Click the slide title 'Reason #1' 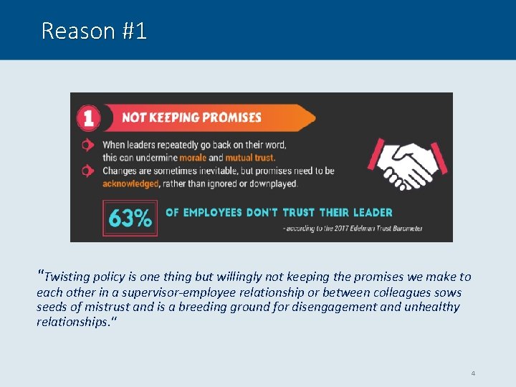(x=94, y=31)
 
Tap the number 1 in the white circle (x=88, y=118)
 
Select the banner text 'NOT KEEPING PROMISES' (x=191, y=118)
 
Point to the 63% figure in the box (x=130, y=218)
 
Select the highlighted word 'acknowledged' (x=130, y=183)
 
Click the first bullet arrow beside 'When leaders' (x=87, y=145)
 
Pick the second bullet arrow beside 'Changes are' (x=87, y=171)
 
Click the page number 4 (x=473, y=373)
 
